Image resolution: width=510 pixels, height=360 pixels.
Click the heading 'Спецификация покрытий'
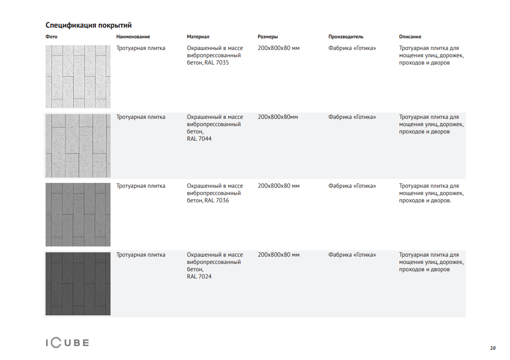coord(88,25)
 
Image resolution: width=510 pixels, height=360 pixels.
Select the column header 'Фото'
coord(51,37)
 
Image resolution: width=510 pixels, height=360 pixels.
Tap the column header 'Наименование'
coord(133,37)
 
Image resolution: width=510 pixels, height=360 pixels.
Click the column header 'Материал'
coord(198,37)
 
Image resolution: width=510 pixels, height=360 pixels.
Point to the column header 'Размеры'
coord(268,37)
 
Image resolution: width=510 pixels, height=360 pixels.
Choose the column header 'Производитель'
coord(346,37)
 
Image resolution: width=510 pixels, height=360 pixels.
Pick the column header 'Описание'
coord(410,37)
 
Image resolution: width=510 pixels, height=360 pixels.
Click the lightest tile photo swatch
coord(78,77)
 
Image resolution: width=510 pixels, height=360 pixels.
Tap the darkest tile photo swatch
coord(78,283)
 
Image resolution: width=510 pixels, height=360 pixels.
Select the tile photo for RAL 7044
coord(78,146)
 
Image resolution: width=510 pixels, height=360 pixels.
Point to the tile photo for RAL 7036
coord(78,214)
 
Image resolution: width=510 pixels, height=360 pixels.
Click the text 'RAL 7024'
coord(199,277)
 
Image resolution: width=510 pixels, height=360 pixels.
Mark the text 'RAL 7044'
coord(199,139)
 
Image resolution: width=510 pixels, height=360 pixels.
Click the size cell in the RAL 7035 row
coord(279,48)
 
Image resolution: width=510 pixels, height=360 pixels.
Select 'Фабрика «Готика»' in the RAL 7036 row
coord(352,186)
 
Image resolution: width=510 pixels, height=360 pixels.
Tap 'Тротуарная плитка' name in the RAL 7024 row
coord(141,255)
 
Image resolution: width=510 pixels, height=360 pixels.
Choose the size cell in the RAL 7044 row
coord(278,117)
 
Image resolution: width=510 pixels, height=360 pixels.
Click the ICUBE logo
coord(67,343)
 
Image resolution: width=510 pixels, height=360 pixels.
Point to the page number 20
coord(493,348)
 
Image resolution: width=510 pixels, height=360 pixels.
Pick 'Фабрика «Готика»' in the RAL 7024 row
coord(352,255)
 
